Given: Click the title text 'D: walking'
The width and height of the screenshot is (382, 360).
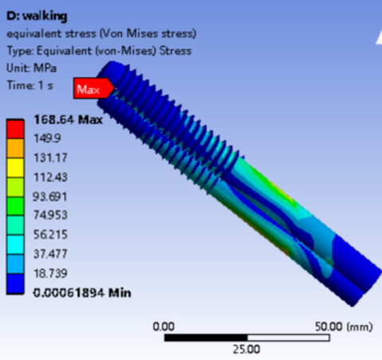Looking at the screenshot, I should (x=37, y=16).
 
